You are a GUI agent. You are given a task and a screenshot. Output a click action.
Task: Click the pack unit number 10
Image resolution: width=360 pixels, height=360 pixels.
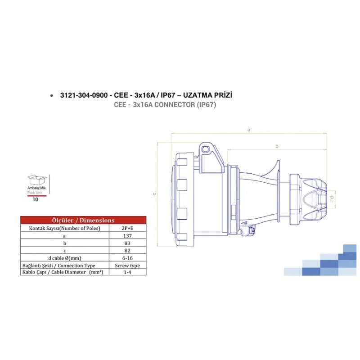tap(35, 200)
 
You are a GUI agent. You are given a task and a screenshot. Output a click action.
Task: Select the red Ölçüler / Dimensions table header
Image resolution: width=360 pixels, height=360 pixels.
tap(83, 220)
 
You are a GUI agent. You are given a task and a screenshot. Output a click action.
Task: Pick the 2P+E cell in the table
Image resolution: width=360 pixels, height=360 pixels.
tap(128, 228)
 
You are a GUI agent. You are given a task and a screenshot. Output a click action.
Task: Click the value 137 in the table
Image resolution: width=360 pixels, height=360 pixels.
tap(128, 235)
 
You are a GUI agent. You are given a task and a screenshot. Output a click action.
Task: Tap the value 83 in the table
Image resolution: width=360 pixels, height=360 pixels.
tap(128, 243)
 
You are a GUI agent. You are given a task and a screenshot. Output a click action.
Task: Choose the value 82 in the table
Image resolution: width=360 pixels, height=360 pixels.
tap(128, 250)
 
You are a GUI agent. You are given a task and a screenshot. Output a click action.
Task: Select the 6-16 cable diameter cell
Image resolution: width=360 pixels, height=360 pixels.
tap(128, 258)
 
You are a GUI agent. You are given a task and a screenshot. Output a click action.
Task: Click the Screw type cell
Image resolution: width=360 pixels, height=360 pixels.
tap(128, 265)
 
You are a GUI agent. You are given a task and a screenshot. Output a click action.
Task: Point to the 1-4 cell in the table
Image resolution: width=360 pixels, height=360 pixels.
tap(128, 272)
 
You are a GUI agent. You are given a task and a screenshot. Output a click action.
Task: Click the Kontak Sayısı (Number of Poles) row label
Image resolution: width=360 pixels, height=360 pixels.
tap(64, 228)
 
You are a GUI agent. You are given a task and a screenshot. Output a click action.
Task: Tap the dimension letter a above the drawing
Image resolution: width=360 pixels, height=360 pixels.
tap(249, 130)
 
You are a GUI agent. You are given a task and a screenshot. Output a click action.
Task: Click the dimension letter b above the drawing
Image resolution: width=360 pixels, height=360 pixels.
tap(277, 146)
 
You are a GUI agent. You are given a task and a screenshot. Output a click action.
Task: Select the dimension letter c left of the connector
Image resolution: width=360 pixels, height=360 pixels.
tap(154, 194)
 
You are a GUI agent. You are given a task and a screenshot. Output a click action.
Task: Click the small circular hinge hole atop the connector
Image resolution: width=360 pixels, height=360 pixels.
tap(206, 148)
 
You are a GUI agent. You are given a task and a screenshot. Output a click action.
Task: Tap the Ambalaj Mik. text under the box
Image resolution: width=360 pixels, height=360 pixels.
tap(37, 188)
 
